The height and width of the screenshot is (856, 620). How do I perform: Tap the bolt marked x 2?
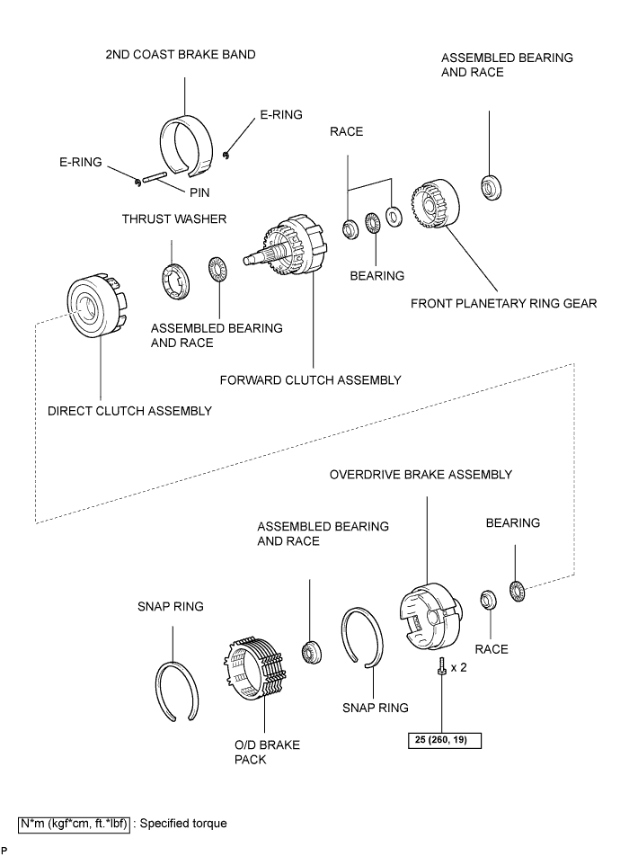pos(441,666)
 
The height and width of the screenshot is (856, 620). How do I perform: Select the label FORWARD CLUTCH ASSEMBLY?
pos(311,380)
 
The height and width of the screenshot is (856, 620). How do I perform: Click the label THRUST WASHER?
pos(174,218)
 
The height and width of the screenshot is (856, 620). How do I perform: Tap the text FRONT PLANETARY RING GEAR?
pos(504,304)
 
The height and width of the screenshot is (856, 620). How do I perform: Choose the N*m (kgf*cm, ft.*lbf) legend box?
pos(75,824)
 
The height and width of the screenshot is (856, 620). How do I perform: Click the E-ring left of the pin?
pos(137,183)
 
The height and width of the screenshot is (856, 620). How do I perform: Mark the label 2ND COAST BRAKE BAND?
pos(181,55)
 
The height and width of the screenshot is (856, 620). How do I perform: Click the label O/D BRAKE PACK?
pos(268,753)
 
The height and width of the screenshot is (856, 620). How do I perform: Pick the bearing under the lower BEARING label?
pos(517,591)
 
